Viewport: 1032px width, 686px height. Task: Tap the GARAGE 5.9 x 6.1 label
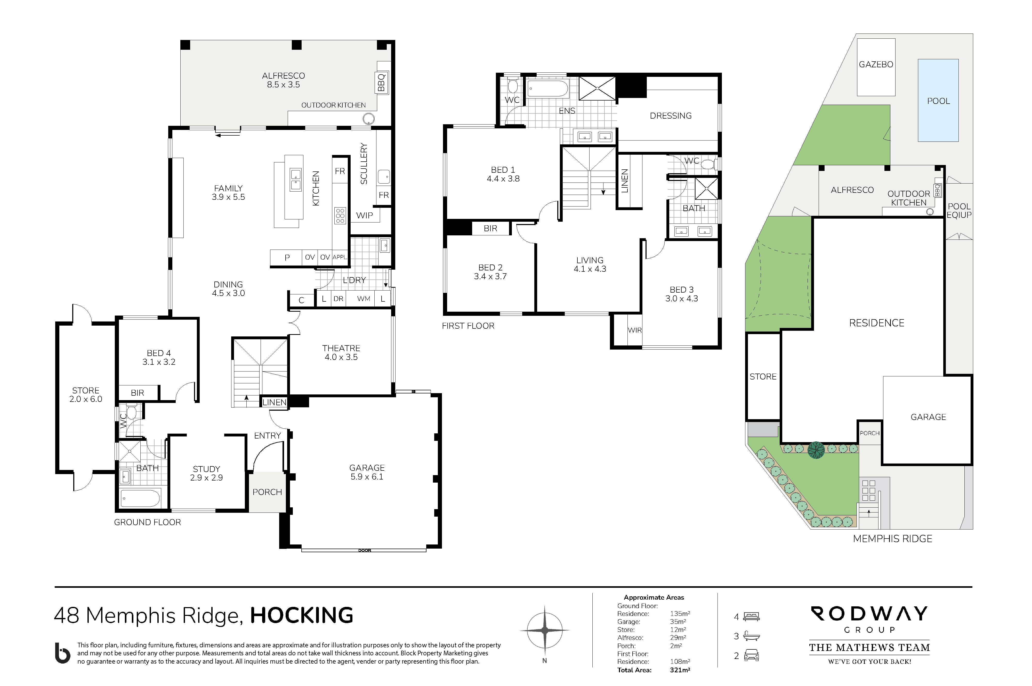(367, 472)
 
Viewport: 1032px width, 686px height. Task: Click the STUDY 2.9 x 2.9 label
(206, 473)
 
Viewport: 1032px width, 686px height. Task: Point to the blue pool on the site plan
(938, 101)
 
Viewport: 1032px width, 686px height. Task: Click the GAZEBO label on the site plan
(876, 64)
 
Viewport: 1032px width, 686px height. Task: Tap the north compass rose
(544, 630)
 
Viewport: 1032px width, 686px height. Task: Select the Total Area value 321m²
(680, 670)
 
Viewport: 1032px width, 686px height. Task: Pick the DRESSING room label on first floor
(670, 115)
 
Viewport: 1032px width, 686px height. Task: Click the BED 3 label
(681, 294)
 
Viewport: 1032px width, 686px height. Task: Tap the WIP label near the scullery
(364, 215)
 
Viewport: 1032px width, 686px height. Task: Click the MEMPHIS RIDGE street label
(892, 539)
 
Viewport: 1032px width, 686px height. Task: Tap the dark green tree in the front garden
(816, 450)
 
